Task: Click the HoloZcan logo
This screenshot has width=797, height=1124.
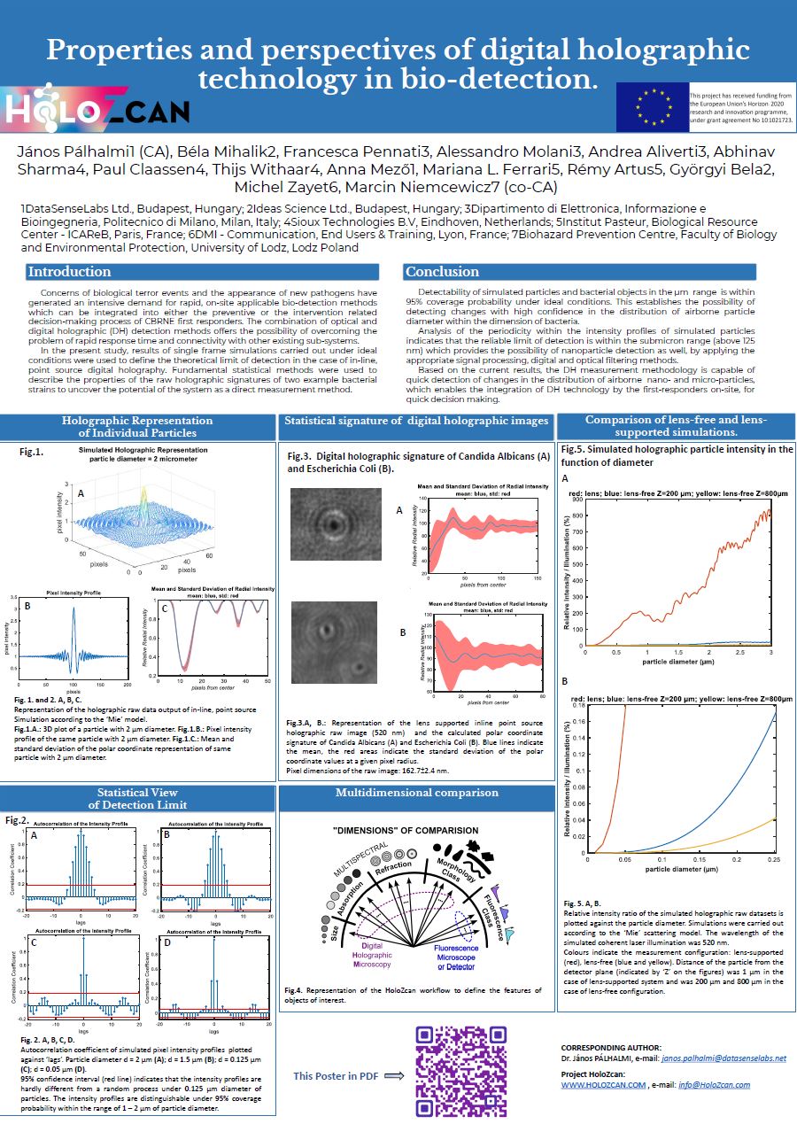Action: click(97, 109)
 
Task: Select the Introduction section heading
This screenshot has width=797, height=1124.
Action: click(69, 272)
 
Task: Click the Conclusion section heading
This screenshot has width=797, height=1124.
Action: click(442, 272)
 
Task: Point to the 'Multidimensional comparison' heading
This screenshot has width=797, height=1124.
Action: click(416, 793)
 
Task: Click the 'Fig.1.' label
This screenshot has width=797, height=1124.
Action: click(32, 452)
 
